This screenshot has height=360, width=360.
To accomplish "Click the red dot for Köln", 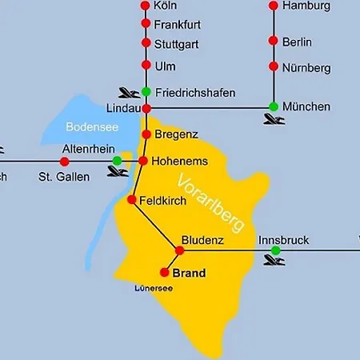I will point(146,6).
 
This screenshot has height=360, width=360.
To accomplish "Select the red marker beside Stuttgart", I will point(146,43).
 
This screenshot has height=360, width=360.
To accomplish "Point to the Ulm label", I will point(165,65).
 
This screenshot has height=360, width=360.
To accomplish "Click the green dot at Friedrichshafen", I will point(146,91).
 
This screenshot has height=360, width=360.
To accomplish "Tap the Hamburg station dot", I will point(274,6).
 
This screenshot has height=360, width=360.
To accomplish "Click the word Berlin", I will point(297,42).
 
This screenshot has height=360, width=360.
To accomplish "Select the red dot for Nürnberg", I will point(274,67).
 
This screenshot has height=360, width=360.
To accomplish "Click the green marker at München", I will point(274,106).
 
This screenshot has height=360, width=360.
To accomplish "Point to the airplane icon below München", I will point(274,121).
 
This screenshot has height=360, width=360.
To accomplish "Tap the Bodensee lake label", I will point(87,126).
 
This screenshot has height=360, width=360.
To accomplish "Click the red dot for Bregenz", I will point(146,134).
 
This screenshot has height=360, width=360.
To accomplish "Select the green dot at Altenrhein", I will point(118,161).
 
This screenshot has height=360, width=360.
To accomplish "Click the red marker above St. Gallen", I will point(64,162).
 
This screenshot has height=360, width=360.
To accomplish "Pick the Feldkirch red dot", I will point(131,199).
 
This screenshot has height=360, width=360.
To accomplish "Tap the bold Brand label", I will point(189,273).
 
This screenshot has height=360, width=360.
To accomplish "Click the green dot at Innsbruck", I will point(275,250).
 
